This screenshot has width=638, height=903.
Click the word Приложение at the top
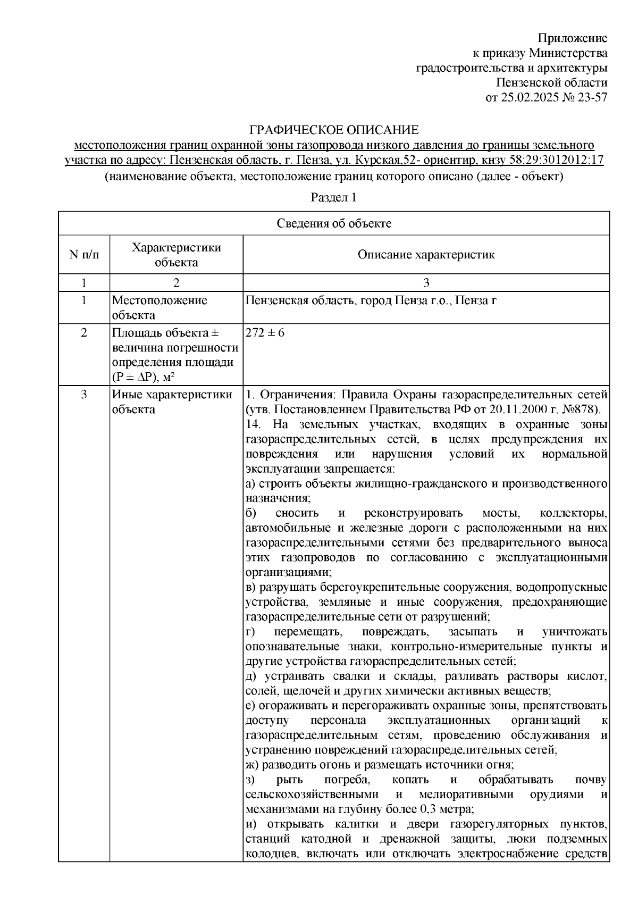click(573, 38)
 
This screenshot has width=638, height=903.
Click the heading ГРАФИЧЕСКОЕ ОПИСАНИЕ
click(334, 130)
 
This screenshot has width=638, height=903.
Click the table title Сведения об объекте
click(334, 223)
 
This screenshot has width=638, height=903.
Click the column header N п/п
click(84, 255)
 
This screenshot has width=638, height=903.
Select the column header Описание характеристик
click(426, 255)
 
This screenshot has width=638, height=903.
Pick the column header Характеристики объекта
click(176, 255)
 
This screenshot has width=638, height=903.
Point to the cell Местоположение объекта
click(159, 307)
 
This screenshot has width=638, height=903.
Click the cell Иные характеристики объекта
click(172, 402)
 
